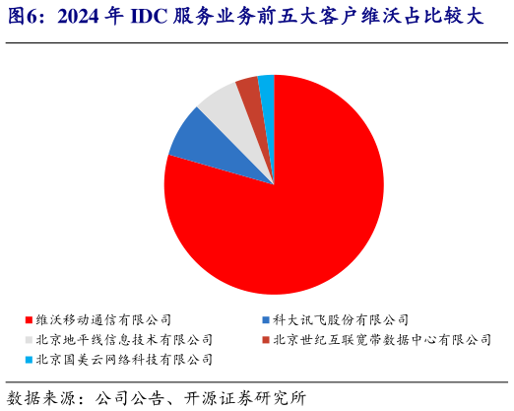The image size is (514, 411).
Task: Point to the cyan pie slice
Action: (x=266, y=88)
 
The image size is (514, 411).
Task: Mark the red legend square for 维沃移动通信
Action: (x=29, y=320)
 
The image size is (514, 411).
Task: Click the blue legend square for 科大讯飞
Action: (x=267, y=320)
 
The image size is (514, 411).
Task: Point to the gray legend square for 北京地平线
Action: (x=29, y=340)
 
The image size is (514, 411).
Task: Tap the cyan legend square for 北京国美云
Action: (x=29, y=360)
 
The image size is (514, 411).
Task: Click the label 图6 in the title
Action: (x=24, y=17)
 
